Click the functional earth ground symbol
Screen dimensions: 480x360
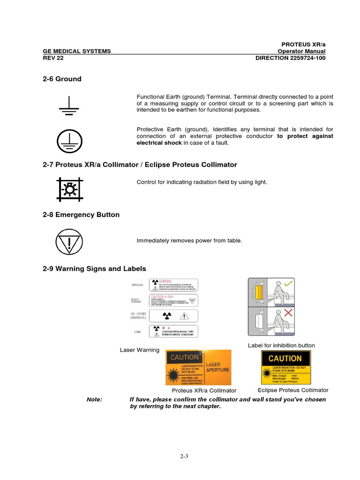click(x=69, y=105)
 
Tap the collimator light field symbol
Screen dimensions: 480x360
click(x=69, y=188)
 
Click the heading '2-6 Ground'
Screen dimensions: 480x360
click(x=62, y=79)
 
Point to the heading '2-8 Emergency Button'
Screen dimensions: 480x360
click(x=81, y=215)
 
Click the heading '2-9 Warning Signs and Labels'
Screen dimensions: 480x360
click(x=94, y=269)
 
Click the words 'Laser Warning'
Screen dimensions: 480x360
click(x=140, y=350)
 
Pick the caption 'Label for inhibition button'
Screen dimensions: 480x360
click(x=281, y=345)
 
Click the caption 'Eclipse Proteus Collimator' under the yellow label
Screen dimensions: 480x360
click(x=293, y=390)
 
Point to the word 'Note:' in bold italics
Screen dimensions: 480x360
click(x=95, y=399)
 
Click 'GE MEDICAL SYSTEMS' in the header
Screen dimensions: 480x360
click(x=77, y=51)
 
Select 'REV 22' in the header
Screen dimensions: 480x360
click(x=53, y=58)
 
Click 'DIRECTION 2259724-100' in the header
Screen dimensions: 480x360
click(x=290, y=58)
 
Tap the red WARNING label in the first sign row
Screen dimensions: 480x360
click(x=174, y=284)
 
